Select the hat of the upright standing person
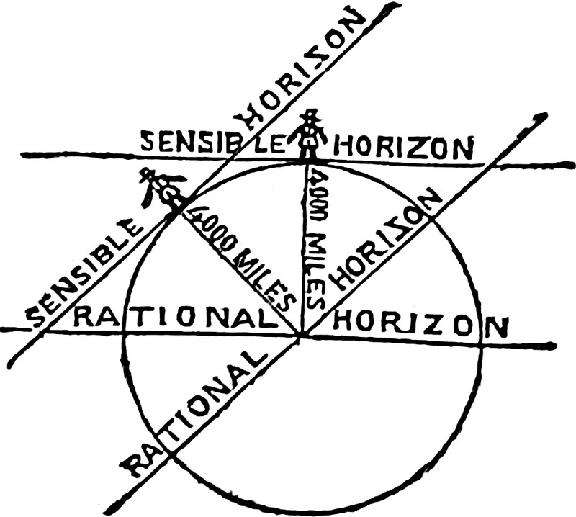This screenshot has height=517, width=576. pos(310,115)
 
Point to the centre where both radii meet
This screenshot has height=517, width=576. pos(302,334)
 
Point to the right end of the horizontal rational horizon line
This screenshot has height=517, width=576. pos(554,346)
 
